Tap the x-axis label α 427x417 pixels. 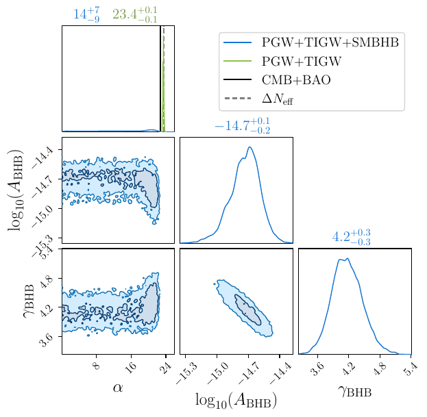point(118,388)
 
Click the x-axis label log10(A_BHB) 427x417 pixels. point(236,401)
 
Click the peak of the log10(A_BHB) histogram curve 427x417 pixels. point(249,147)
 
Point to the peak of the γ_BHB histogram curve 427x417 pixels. point(348,258)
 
